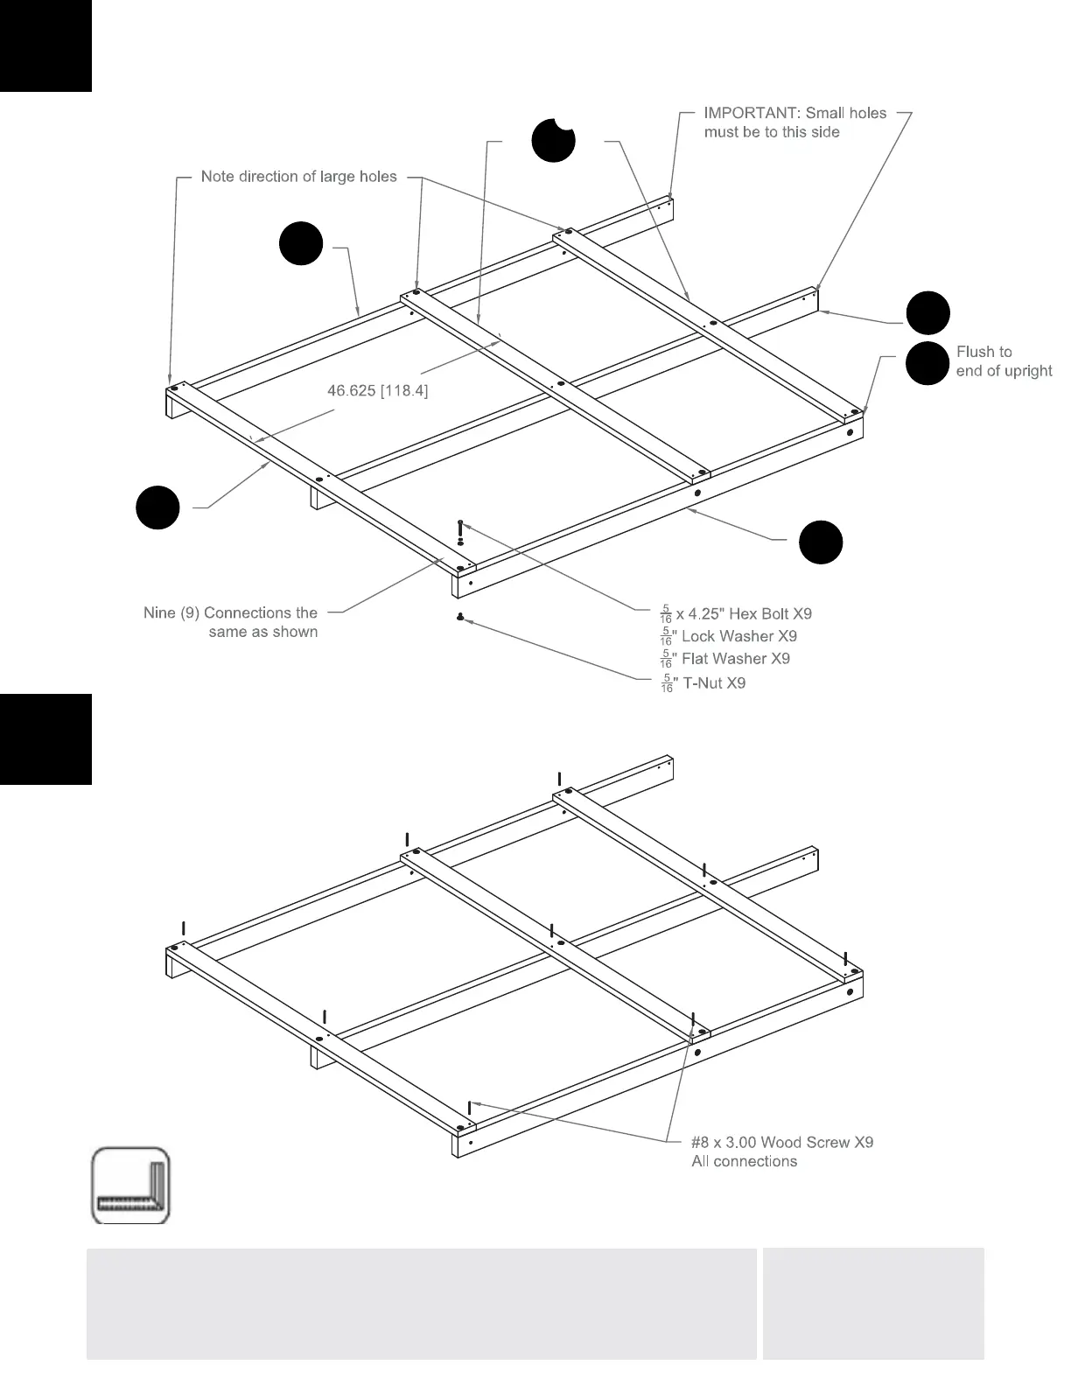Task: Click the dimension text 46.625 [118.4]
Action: [x=377, y=390]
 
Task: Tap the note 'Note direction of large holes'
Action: [x=298, y=177]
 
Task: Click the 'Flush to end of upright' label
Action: [x=1004, y=361]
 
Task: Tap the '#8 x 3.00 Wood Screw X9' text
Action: [x=782, y=1142]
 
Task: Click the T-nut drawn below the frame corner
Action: [x=460, y=618]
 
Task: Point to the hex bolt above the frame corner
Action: [x=461, y=528]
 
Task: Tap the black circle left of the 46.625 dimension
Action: [x=301, y=243]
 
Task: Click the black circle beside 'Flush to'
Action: [x=927, y=363]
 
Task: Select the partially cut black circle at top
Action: [x=553, y=140]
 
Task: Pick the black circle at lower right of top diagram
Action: [x=821, y=542]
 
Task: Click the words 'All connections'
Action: [x=745, y=1162]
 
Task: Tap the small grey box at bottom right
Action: [x=873, y=1303]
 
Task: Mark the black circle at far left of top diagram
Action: [x=158, y=507]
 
